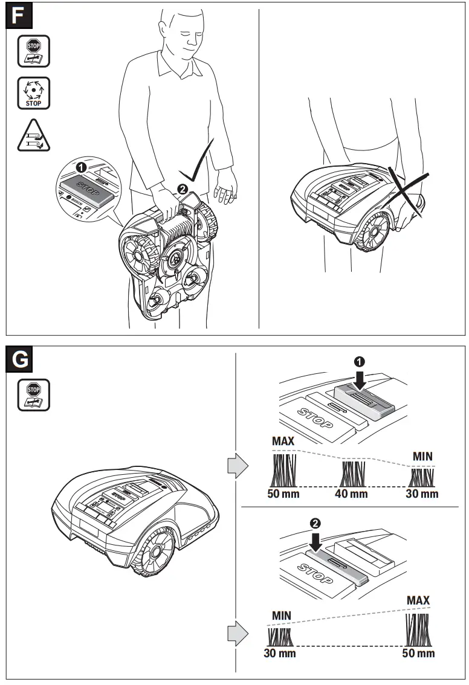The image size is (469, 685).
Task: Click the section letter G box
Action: (19, 359)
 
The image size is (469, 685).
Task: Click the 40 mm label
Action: (351, 494)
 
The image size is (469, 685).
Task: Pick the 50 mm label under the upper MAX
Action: (283, 494)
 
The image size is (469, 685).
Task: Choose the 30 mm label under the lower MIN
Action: (279, 653)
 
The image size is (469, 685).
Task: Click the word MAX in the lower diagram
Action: (418, 600)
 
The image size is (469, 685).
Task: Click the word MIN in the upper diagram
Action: (422, 456)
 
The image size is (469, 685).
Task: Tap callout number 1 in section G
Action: (359, 362)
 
